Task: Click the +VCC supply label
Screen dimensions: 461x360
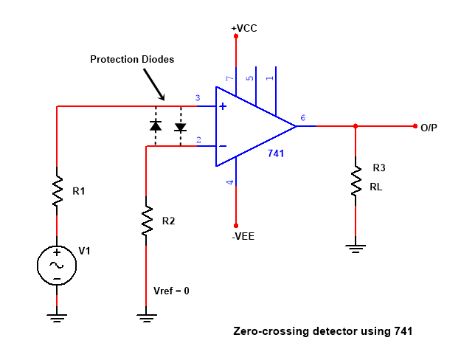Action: [244, 28]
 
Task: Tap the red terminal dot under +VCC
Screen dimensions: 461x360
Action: [236, 36]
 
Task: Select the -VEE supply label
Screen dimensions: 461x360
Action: [243, 237]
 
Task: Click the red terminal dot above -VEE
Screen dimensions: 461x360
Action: [236, 226]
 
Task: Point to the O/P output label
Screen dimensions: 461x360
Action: [429, 128]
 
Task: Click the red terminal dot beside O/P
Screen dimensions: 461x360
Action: [415, 126]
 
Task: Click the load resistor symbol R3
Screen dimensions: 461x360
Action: [356, 181]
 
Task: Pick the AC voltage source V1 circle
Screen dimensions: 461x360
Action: [57, 266]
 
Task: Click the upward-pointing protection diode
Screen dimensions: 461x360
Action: [156, 125]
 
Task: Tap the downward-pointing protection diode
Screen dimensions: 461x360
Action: [181, 128]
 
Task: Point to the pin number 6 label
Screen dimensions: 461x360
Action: [303, 117]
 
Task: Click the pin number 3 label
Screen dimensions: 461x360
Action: [198, 97]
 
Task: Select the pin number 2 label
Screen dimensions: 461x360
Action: [198, 139]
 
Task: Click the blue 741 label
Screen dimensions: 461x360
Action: [276, 153]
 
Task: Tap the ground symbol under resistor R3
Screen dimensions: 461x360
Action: [356, 249]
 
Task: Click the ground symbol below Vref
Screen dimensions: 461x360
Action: [147, 318]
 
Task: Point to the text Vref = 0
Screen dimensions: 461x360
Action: [171, 291]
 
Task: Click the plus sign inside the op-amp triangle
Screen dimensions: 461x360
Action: [223, 106]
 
